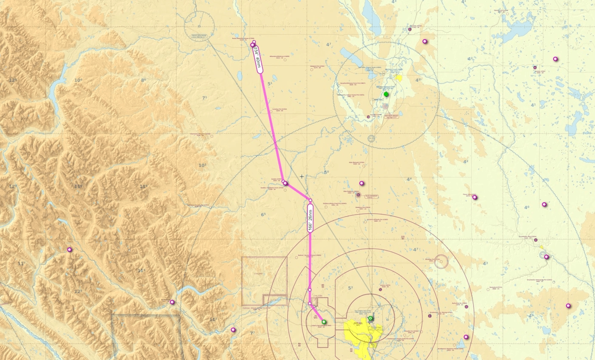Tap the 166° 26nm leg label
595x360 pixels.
tap(310, 218)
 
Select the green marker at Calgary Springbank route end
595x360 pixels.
tap(324, 322)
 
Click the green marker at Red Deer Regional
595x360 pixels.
tap(386, 94)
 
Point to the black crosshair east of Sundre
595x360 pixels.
tap(302, 176)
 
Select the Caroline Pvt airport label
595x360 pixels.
tap(279, 110)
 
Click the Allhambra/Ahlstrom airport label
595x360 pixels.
tap(280, 57)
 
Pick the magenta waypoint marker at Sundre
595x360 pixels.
tap(286, 183)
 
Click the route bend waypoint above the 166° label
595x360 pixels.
tap(310, 200)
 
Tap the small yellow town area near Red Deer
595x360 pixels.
tap(399, 78)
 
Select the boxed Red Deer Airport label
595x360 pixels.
tap(391, 116)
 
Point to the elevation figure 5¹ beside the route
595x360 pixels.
tap(270, 84)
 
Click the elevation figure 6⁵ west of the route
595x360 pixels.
tap(263, 215)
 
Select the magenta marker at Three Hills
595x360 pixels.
tap(475, 197)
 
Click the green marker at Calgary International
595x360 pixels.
tap(370, 318)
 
